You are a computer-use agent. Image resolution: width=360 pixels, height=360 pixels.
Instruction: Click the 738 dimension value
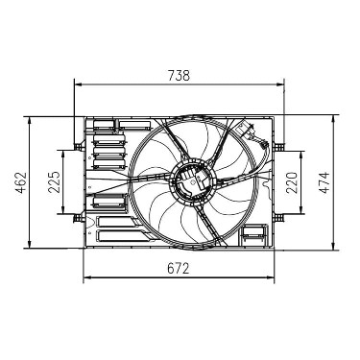[x=179, y=76]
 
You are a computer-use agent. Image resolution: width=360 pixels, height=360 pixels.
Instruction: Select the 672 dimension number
[x=179, y=269]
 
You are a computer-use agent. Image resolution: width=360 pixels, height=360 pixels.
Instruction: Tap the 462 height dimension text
[x=21, y=182]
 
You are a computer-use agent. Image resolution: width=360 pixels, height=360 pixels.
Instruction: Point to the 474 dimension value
[x=324, y=182]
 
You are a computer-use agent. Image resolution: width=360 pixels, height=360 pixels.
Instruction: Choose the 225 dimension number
[x=54, y=182]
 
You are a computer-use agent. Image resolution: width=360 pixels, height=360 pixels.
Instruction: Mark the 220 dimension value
[x=292, y=182]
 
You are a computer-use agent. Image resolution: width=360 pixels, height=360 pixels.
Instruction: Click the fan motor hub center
[x=192, y=180]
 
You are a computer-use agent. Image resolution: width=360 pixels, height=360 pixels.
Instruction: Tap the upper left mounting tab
[x=79, y=147]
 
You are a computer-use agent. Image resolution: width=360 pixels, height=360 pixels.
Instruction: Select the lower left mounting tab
[x=79, y=218]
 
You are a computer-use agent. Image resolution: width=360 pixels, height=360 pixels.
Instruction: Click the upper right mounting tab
[x=279, y=147]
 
